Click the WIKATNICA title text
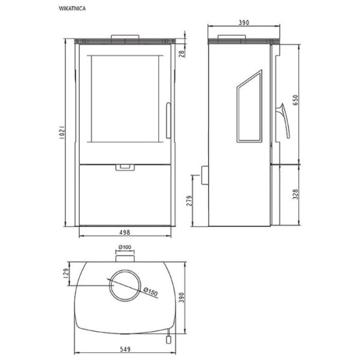73,8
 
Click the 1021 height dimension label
62,133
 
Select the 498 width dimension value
125,232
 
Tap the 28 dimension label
182,54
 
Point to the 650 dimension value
295,100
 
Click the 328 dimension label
295,194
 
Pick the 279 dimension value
189,200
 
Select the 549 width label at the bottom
125,349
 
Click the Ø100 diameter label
125,247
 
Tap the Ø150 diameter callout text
151,292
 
